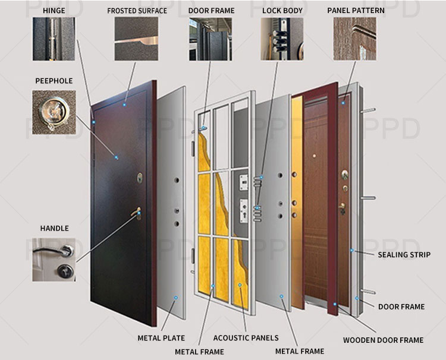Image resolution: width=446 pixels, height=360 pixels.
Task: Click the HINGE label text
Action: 54,11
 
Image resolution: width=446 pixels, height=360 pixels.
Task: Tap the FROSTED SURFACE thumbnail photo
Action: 136,39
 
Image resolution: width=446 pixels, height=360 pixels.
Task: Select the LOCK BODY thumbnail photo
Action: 282,39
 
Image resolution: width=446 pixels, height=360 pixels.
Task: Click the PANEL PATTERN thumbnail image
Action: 354,39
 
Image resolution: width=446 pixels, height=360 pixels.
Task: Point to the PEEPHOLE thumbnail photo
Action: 54,112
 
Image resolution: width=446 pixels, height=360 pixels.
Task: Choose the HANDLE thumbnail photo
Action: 54,260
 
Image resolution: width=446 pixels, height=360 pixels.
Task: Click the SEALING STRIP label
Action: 404,255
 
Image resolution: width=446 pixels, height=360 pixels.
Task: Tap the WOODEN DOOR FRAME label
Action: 383,340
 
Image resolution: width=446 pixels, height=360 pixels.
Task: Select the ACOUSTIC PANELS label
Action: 246,338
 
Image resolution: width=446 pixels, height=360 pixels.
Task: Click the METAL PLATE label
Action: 161,338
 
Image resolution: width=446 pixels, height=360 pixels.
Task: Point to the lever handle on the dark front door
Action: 137,213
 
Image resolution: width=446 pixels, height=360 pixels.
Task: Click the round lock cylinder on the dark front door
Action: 140,178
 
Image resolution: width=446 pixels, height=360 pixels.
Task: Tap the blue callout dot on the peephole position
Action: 117,157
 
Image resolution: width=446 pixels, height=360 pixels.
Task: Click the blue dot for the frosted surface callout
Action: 124,105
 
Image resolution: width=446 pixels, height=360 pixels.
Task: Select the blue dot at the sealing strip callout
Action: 352,250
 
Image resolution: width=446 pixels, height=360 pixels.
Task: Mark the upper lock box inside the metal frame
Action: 244,182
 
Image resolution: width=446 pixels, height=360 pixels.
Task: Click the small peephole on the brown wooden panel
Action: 315,156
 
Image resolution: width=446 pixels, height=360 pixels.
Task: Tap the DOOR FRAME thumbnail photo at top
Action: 211,39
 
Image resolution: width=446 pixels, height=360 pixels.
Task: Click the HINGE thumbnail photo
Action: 54,39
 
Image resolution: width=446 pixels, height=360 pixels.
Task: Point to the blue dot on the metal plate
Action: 176,298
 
